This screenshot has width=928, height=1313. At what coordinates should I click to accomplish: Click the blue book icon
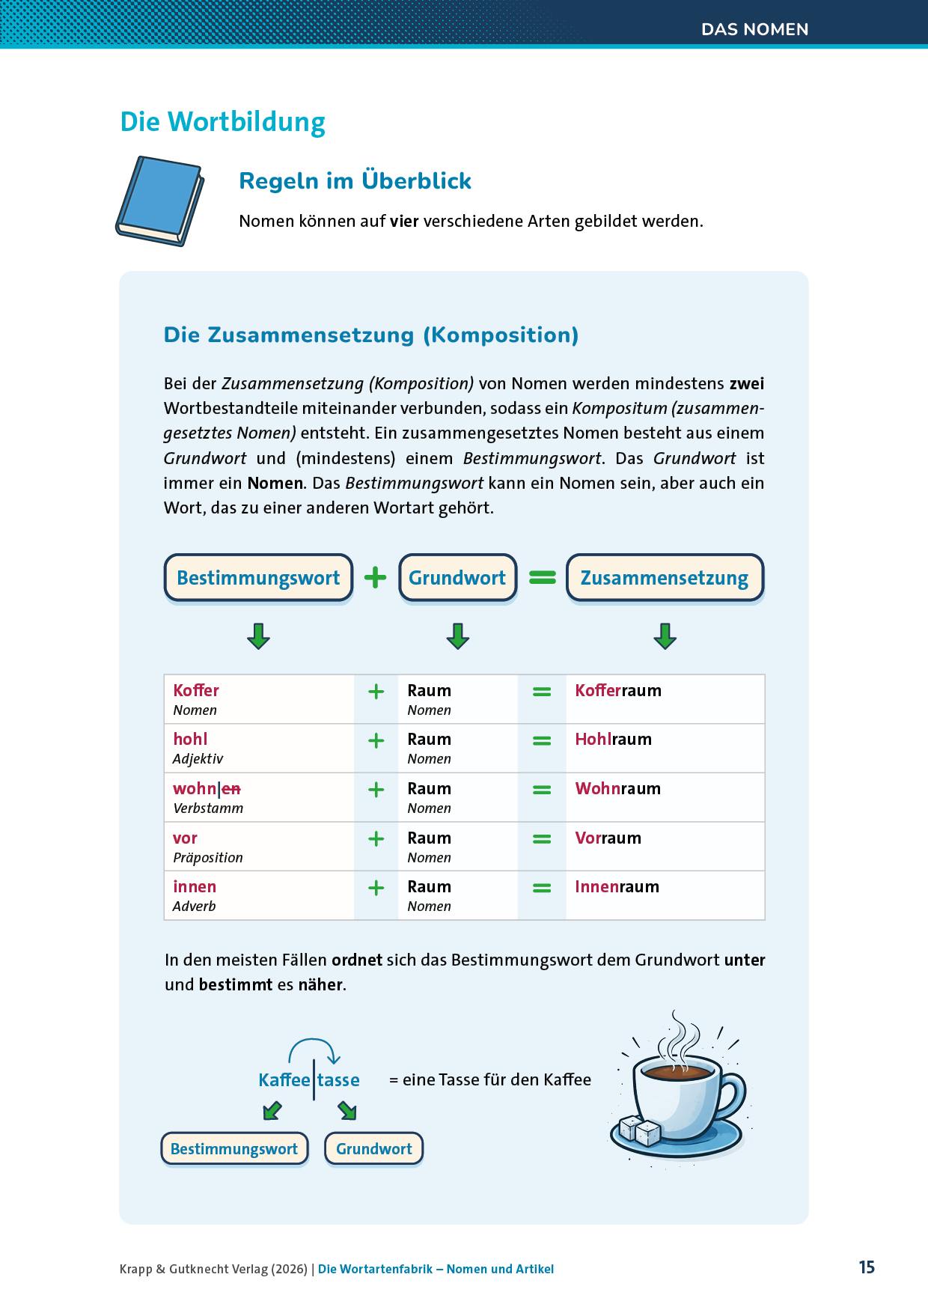(159, 201)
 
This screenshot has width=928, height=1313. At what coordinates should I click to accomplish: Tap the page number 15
(866, 1267)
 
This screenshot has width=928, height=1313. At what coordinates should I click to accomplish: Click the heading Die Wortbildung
(222, 122)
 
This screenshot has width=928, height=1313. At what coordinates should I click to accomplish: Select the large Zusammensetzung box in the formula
(665, 578)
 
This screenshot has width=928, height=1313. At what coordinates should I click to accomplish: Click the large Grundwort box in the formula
(457, 578)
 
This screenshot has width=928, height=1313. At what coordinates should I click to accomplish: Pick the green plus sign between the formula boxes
(375, 577)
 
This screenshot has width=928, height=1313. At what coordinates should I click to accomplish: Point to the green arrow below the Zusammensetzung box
(665, 636)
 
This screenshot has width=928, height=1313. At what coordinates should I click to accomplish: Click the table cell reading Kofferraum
(618, 690)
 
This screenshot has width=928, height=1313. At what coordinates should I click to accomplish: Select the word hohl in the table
(190, 739)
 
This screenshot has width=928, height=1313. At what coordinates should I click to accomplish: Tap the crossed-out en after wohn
(231, 788)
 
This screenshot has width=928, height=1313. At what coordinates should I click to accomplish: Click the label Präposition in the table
(207, 858)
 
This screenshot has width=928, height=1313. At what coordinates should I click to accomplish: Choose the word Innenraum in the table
(617, 887)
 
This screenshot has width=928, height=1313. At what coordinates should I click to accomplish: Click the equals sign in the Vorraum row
(541, 839)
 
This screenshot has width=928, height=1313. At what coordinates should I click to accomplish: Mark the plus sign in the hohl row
(376, 740)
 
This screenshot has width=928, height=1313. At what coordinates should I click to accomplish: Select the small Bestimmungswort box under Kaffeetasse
(234, 1149)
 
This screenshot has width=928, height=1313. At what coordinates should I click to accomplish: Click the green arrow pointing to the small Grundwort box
(347, 1110)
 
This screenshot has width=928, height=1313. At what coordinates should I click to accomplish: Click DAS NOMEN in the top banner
(754, 29)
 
